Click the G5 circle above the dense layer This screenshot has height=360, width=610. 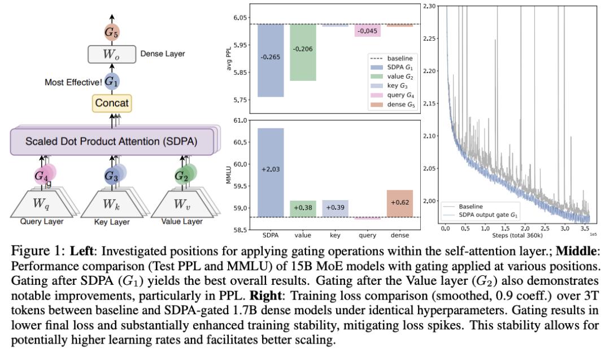point(112,32)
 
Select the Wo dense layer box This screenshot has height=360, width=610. point(112,54)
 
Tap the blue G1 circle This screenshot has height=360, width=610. point(112,82)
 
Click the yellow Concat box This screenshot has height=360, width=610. point(112,103)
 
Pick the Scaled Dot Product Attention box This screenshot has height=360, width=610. point(111,141)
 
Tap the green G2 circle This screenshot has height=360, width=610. point(181,176)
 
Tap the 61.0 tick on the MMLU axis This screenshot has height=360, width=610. point(245,120)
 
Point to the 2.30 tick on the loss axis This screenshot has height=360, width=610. point(429,6)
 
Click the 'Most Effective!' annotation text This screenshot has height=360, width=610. point(73,82)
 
